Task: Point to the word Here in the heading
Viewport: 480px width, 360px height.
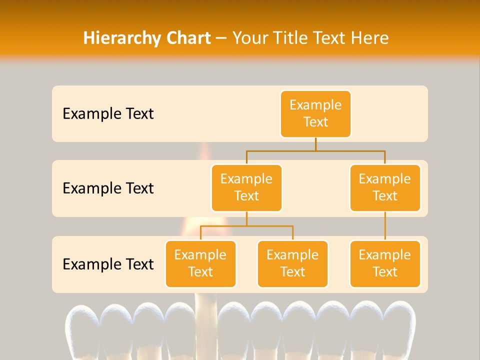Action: pos(370,38)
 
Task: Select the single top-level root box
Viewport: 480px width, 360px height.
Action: pos(315,113)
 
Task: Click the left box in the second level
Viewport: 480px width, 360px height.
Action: pos(246,187)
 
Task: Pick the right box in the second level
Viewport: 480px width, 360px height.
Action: pos(385,187)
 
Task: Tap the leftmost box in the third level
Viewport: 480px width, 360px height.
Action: pos(200,263)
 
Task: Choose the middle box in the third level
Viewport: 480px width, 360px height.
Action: pos(292,263)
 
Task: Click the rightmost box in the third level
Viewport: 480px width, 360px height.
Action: pos(385,263)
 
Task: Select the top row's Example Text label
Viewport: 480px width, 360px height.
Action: pos(108,113)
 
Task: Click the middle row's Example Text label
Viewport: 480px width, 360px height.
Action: pos(108,188)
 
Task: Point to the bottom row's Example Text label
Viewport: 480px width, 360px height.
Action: pos(108,264)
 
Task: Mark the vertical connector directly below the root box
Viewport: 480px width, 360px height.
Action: pos(315,144)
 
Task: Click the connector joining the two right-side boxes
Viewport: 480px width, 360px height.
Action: pos(385,226)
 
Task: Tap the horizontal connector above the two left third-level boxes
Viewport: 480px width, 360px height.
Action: pos(246,226)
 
